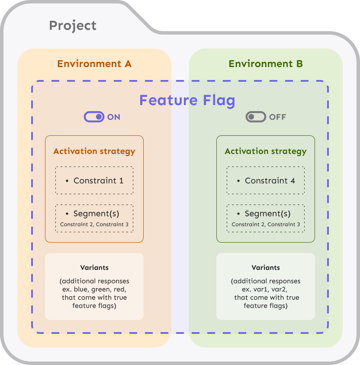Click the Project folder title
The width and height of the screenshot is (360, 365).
point(73,26)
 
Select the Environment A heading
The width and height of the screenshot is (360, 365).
point(94,64)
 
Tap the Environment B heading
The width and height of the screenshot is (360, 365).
point(266,64)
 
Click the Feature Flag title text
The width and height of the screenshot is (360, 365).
point(187,100)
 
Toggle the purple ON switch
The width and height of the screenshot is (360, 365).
point(94,117)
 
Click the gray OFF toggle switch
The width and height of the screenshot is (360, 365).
point(256,117)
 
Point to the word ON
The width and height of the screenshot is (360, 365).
point(114,117)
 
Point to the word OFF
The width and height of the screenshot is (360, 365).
point(277,117)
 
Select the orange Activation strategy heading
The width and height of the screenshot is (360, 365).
point(94,151)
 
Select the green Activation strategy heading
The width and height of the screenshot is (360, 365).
point(266,151)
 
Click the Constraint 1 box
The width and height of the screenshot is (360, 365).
point(94,181)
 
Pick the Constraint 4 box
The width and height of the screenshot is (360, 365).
point(266,181)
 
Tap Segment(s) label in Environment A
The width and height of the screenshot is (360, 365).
point(96,214)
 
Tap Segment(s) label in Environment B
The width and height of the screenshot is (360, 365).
point(267,214)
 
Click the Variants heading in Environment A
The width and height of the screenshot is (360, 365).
point(94,268)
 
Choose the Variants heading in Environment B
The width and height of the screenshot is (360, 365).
point(266,268)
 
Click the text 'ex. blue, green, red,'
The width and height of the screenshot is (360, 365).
point(94,289)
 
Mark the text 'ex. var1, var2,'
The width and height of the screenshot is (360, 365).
point(266,289)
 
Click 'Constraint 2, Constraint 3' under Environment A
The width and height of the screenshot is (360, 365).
point(94,224)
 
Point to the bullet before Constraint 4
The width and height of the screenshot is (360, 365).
point(238,181)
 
